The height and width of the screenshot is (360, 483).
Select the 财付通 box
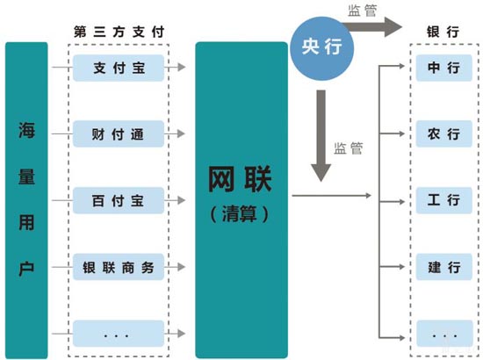tap(117, 135)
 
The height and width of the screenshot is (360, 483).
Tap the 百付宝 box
tap(117, 201)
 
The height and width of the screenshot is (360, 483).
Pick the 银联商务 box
tap(117, 267)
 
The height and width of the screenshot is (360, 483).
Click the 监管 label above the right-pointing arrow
tap(371, 11)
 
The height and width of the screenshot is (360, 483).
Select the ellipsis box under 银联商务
tap(117, 333)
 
